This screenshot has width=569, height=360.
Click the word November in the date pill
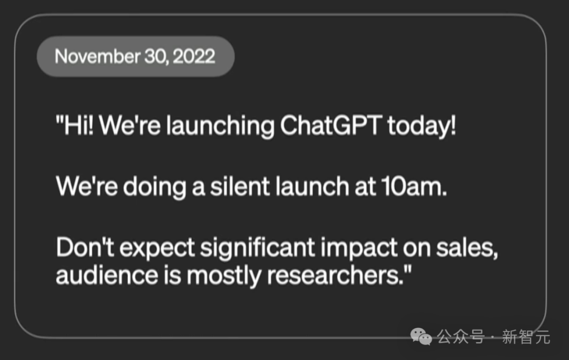click(97, 56)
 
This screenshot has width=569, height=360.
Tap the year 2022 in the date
click(194, 56)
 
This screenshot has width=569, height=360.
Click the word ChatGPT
click(331, 125)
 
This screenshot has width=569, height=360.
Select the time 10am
click(414, 187)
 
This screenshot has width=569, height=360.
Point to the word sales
click(467, 248)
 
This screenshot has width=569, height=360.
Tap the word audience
click(107, 275)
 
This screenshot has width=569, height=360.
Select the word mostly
click(224, 276)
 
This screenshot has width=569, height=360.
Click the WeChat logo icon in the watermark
click(421, 337)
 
